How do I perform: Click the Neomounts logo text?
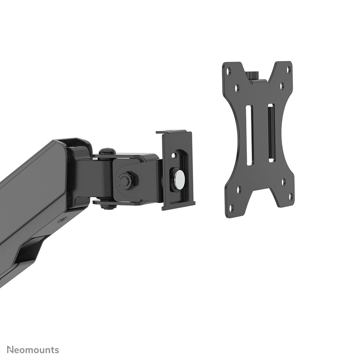point(33,341)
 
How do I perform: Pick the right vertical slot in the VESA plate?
point(271,133)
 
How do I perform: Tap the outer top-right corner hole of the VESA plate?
point(289,69)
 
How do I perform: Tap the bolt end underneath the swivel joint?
point(106,205)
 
